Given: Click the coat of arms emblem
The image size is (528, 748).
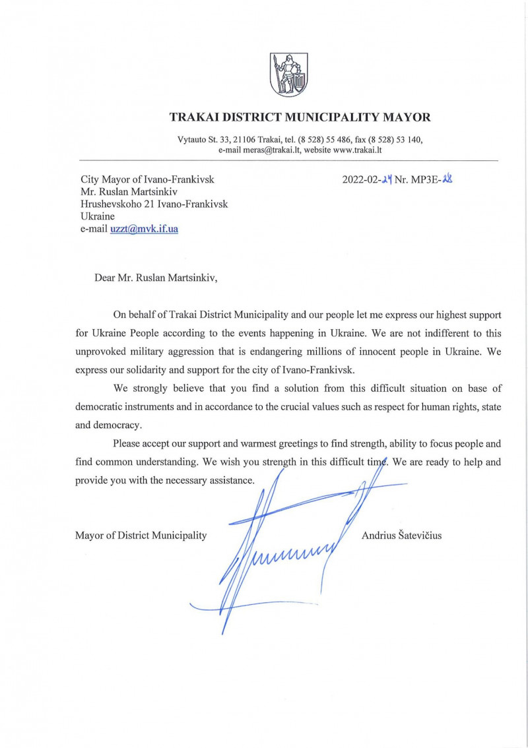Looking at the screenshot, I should tap(288, 74).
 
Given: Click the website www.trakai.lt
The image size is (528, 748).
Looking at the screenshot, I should tap(357, 150).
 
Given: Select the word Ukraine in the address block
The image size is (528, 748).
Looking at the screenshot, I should tap(98, 217).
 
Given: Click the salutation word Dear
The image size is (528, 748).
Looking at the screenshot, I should tap(106, 277).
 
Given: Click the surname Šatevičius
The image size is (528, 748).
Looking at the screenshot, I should tap(418, 536).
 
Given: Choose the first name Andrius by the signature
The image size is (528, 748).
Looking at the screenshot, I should tap(377, 536).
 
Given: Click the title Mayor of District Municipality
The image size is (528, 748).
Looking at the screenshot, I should tap(141, 536).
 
